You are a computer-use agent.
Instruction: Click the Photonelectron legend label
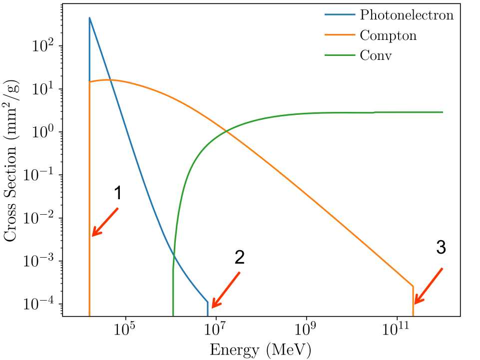click(x=407, y=15)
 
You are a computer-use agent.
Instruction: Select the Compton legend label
click(x=388, y=35)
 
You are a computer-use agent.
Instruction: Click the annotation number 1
click(x=117, y=193)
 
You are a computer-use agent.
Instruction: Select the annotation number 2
click(x=239, y=258)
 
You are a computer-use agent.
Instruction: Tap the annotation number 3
click(x=441, y=248)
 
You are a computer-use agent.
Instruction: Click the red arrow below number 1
click(x=105, y=222)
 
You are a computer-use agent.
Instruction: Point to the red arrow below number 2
click(x=225, y=290)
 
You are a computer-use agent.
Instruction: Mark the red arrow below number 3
click(x=428, y=286)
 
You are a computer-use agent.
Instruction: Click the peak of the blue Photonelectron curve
click(x=89, y=18)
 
